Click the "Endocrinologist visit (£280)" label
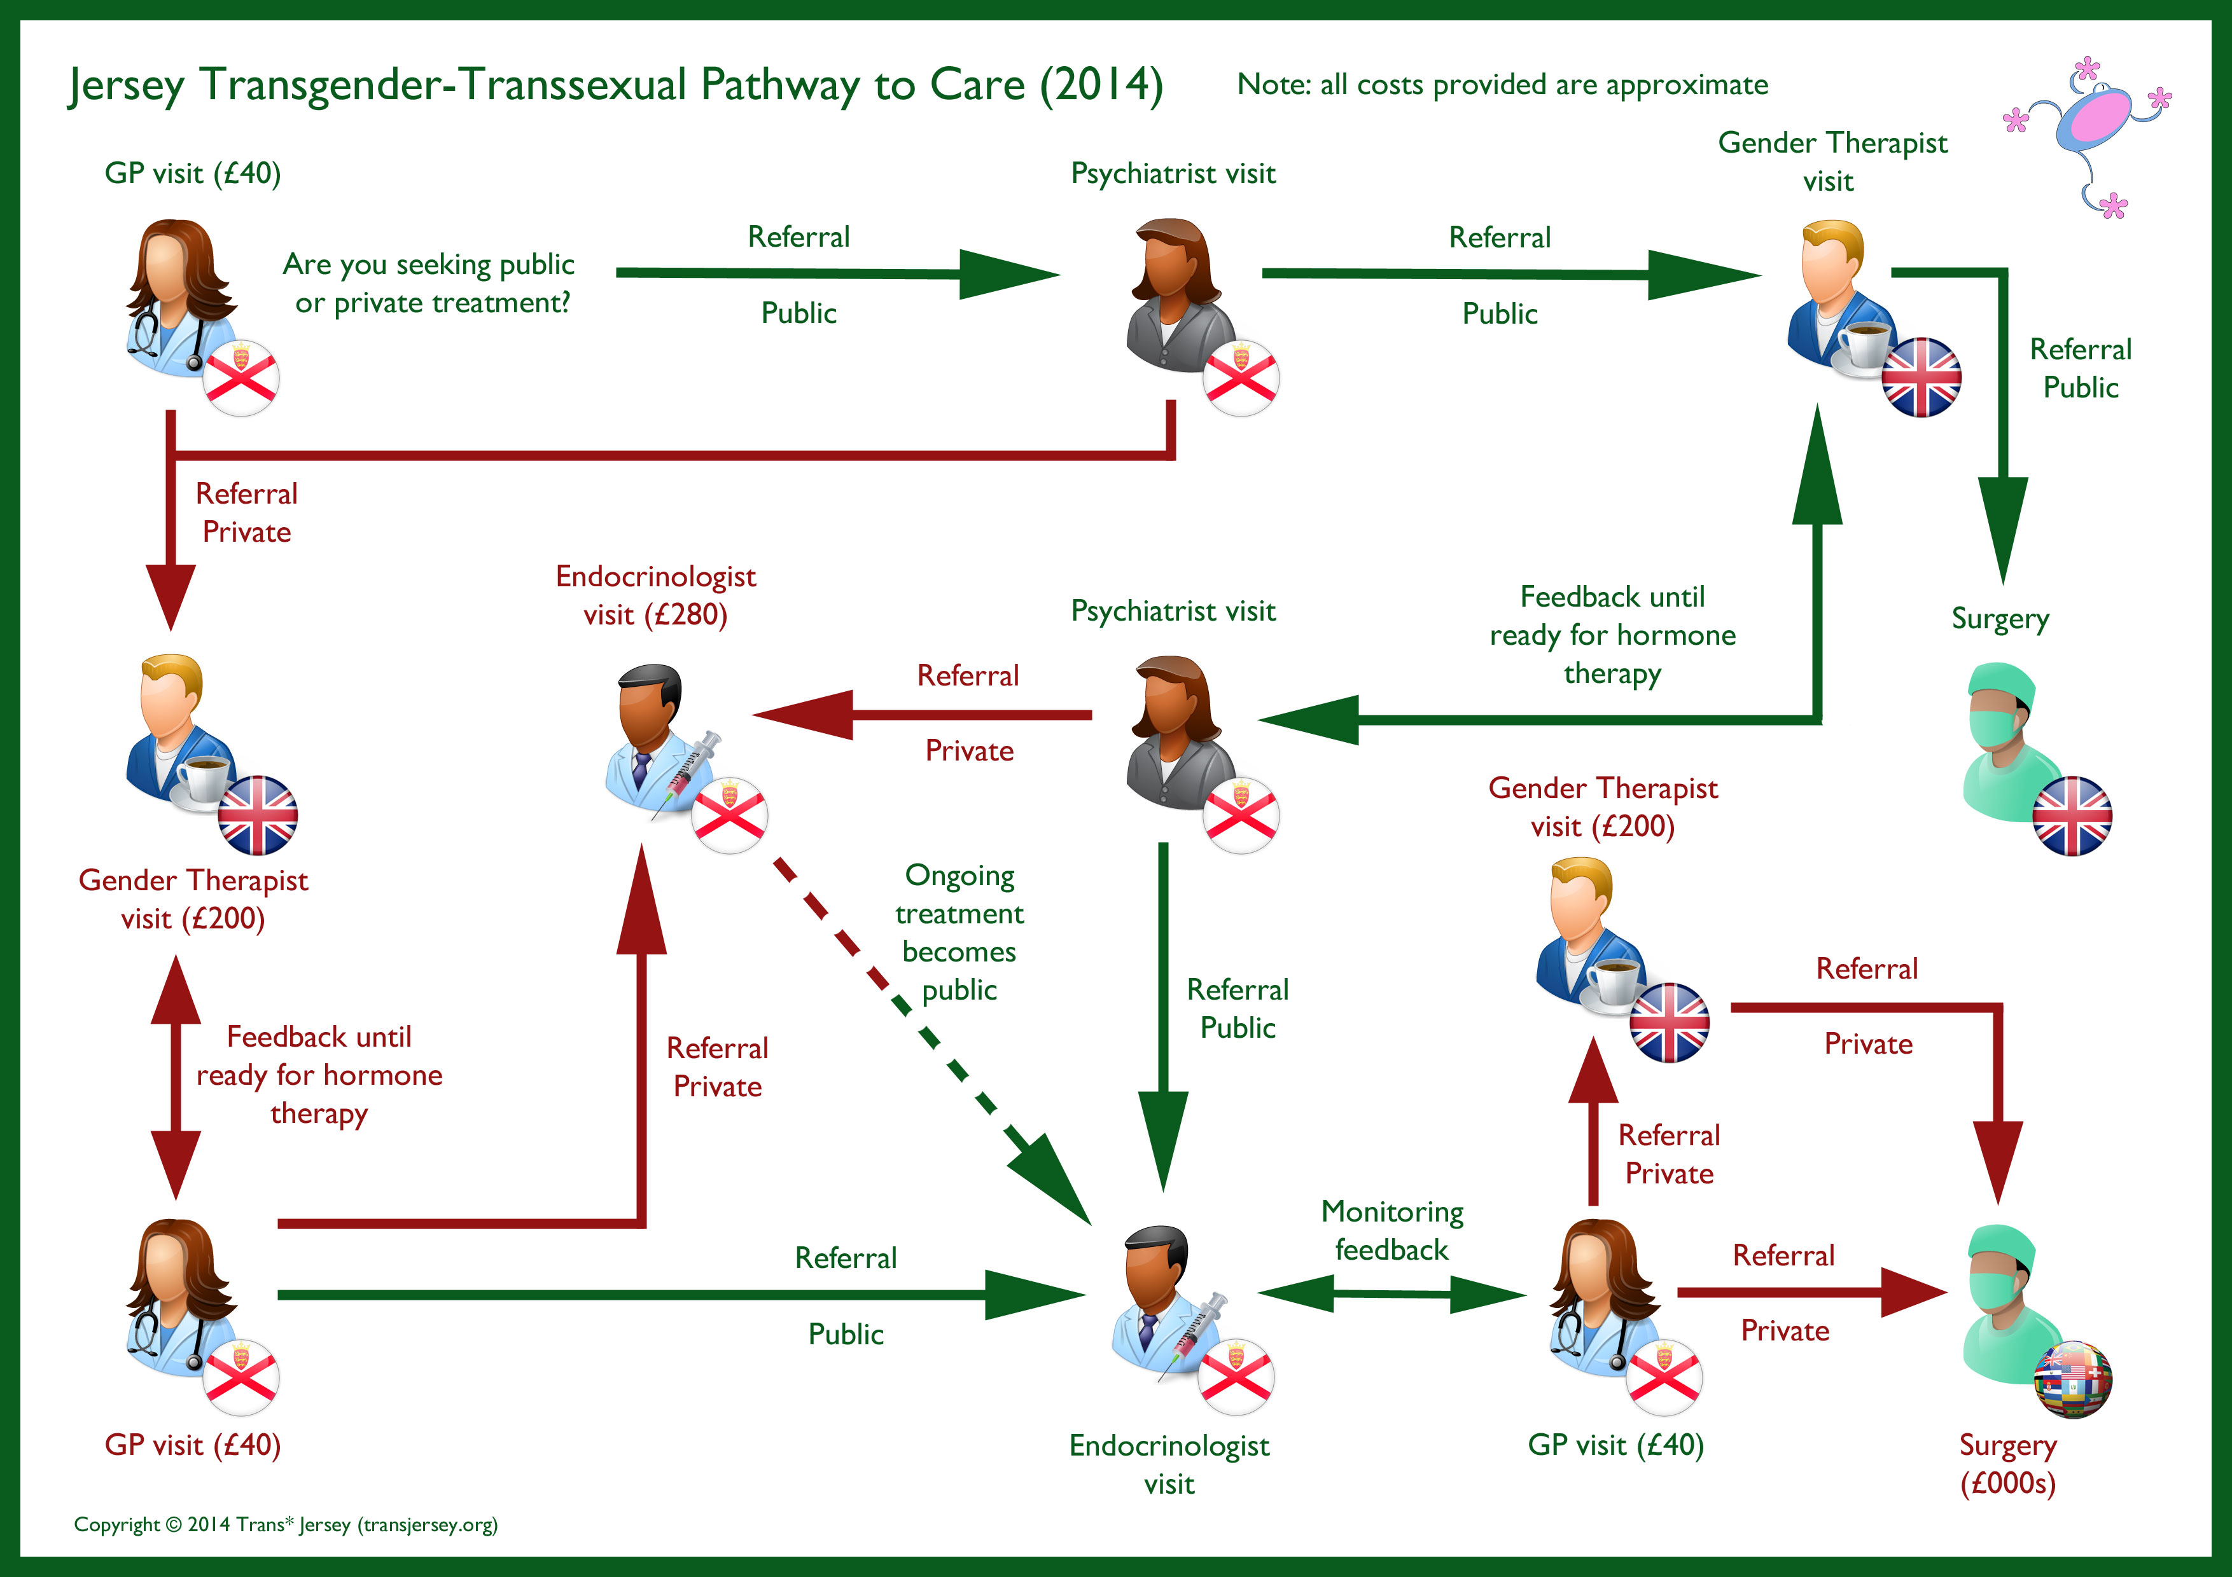pyautogui.click(x=655, y=595)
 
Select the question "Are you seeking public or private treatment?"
pyautogui.click(x=429, y=283)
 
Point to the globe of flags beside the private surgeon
pyautogui.click(x=2072, y=1380)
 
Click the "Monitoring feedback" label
pyautogui.click(x=1392, y=1230)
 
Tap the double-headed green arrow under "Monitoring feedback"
pyautogui.click(x=1392, y=1293)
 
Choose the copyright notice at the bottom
pyautogui.click(x=286, y=1524)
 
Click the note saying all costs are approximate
pyautogui.click(x=1502, y=85)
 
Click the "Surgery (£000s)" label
pyautogui.click(x=2007, y=1463)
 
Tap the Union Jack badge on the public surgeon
pyautogui.click(x=2072, y=816)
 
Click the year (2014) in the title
pyautogui.click(x=1101, y=85)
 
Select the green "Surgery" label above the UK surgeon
pyautogui.click(x=2000, y=619)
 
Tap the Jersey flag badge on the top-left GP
pyautogui.click(x=241, y=378)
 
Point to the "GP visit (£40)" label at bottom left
pyautogui.click(x=193, y=1445)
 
